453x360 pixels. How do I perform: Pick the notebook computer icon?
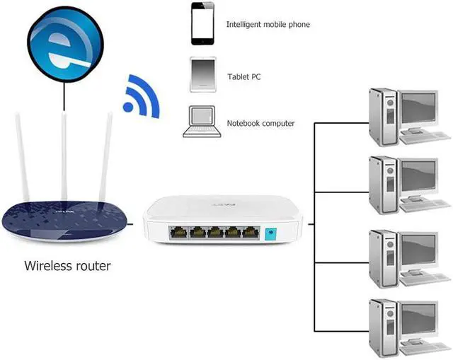pyautogui.click(x=200, y=122)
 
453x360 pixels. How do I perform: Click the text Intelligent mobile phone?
pyautogui.click(x=268, y=25)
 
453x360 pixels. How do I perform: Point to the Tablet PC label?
pyautogui.click(x=244, y=76)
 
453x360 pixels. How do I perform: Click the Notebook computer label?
pyautogui.click(x=260, y=124)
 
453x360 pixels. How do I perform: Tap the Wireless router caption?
pyautogui.click(x=67, y=267)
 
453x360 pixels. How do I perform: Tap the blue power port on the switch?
pyautogui.click(x=268, y=234)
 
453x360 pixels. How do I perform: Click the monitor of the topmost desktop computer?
pyautogui.click(x=419, y=108)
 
